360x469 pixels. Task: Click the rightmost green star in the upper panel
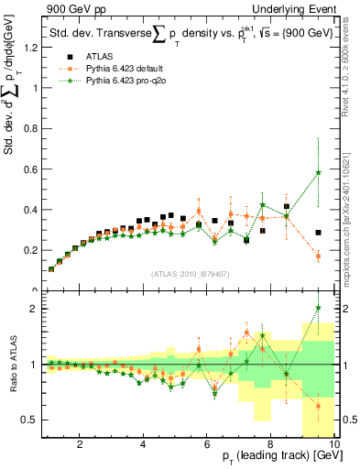pyautogui.click(x=318, y=172)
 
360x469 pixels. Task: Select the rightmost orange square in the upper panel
pyautogui.click(x=318, y=256)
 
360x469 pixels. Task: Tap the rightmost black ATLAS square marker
pyautogui.click(x=318, y=233)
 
